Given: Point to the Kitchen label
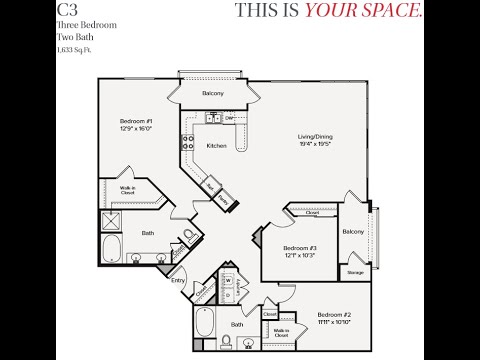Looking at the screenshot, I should [216, 146].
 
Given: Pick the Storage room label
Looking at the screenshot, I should [355, 271].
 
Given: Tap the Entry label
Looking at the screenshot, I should [178, 281].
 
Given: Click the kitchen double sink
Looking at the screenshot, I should [214, 118].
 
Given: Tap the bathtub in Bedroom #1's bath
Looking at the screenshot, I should [110, 247].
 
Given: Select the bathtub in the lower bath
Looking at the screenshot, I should [206, 322].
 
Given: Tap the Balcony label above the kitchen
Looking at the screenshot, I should [212, 94].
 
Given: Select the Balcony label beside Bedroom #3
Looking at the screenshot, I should [353, 231].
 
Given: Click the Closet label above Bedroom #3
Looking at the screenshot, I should [312, 213].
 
